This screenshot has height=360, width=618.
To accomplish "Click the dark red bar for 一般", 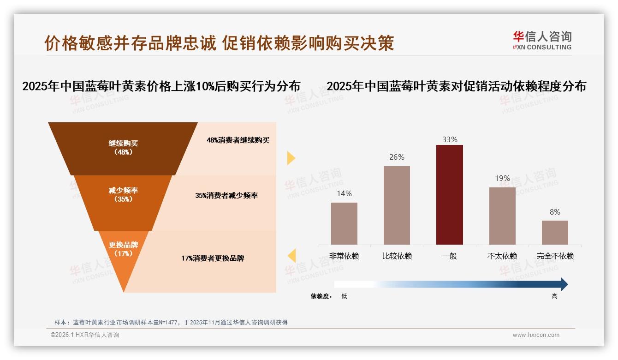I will [449, 195].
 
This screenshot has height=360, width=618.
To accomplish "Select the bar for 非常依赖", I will [344, 223].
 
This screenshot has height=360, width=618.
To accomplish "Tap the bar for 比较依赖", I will [397, 205].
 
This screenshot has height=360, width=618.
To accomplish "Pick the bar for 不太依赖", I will [502, 216].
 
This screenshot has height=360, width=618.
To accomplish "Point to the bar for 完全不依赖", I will [555, 233].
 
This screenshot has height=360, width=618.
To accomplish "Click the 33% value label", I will [449, 139].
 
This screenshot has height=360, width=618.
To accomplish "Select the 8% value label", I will [555, 212].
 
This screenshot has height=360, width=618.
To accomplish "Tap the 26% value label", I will [397, 157].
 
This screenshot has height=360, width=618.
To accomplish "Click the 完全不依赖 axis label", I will [555, 256].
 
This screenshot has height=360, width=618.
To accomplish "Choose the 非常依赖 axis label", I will [344, 256].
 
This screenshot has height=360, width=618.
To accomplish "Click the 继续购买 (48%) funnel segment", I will [123, 148].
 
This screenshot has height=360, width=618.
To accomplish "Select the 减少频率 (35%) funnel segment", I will [123, 195].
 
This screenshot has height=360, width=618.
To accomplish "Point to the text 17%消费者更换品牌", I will [213, 258].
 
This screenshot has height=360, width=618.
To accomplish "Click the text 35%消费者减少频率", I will [226, 196].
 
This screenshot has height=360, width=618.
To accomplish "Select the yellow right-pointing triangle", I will [291, 158].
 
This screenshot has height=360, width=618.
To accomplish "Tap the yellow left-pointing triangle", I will [291, 256].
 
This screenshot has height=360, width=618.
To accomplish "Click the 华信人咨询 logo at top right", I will [542, 40].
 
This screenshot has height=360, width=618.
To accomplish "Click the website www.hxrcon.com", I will [536, 335].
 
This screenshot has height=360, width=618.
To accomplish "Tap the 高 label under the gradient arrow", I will [554, 296].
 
